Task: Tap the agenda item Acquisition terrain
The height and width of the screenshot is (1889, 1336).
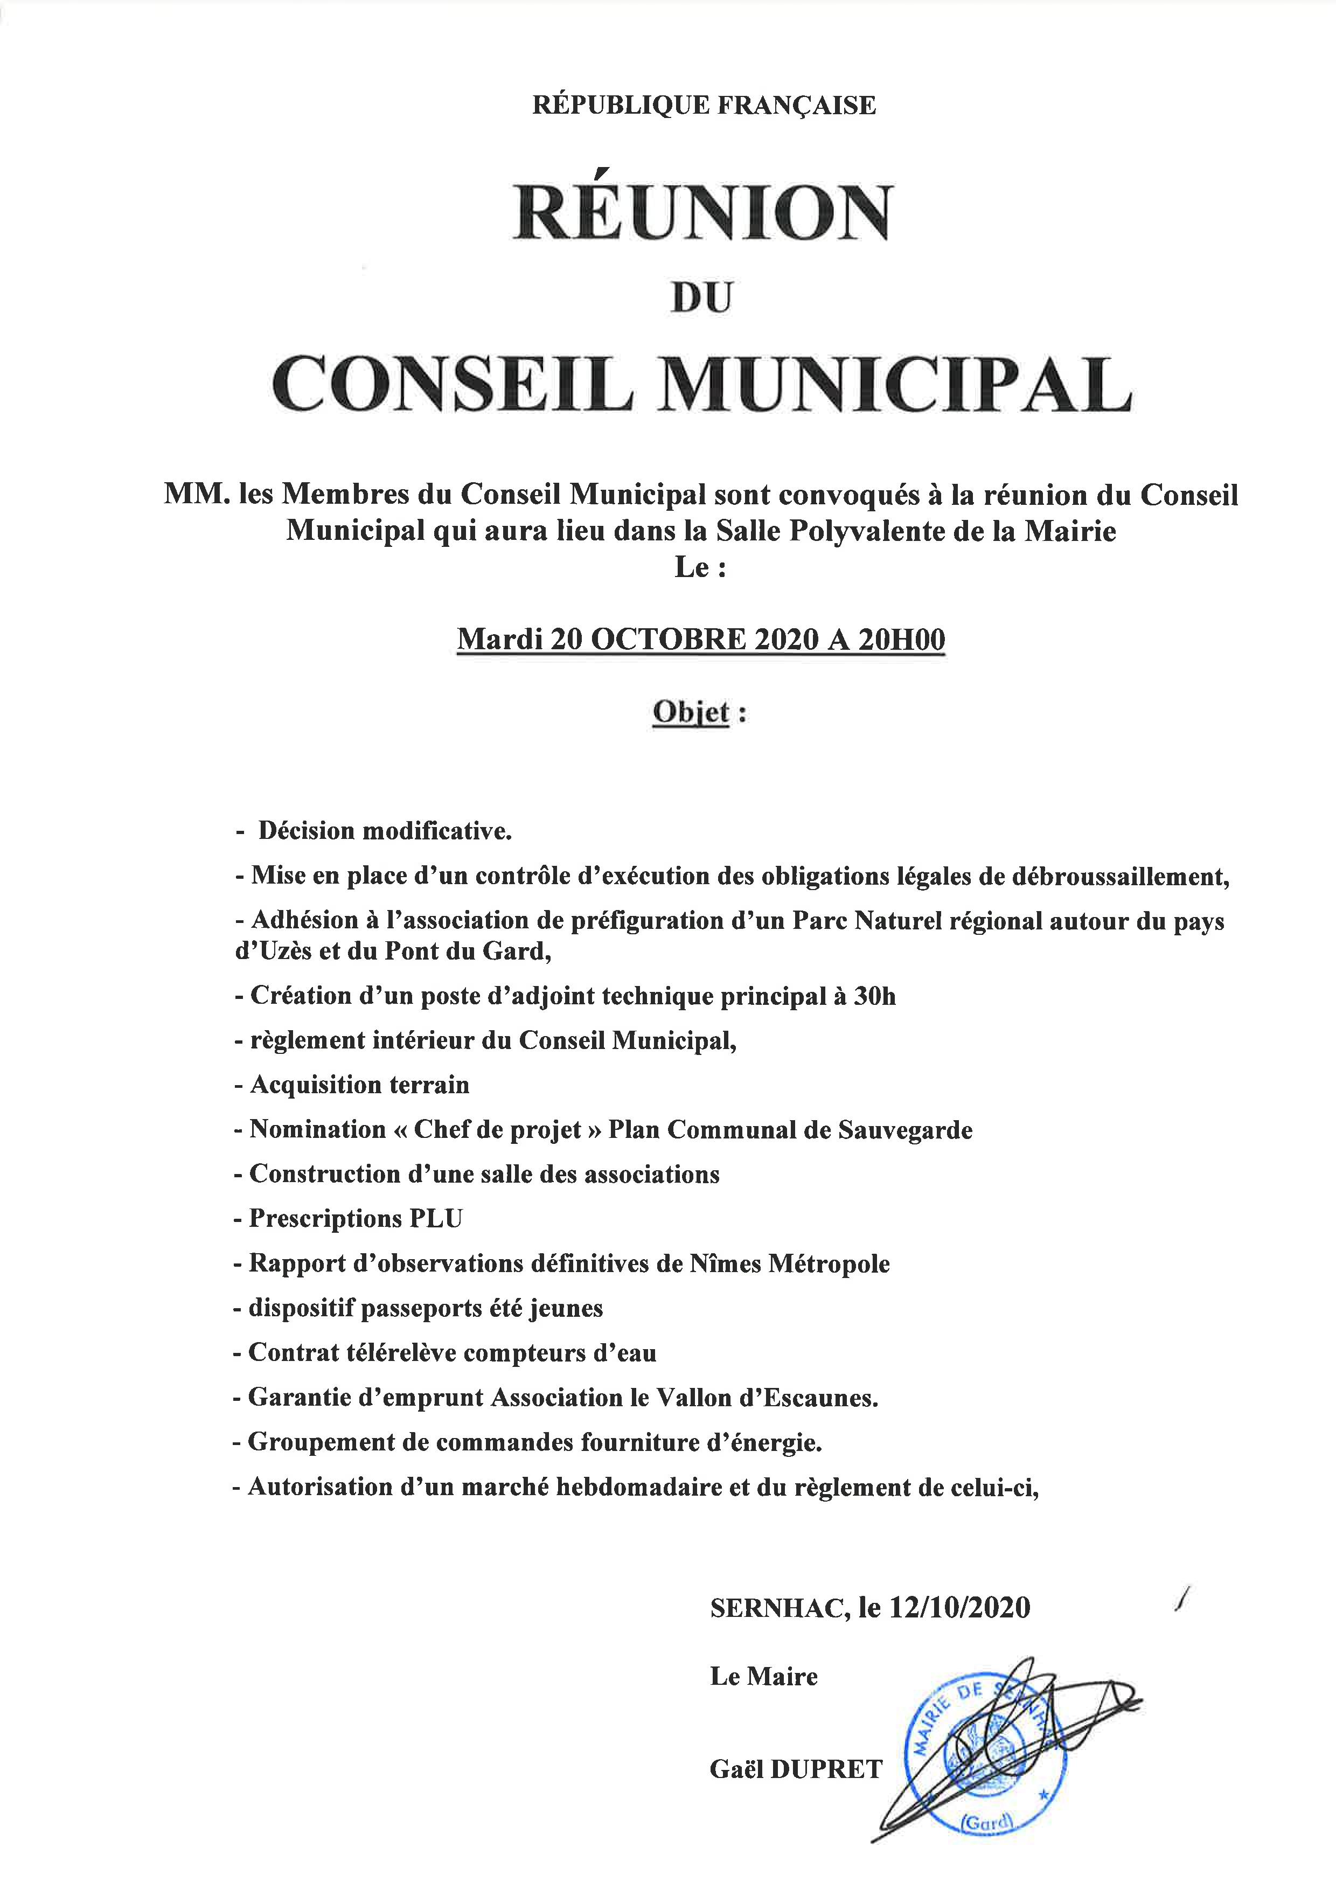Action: click(x=359, y=1085)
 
